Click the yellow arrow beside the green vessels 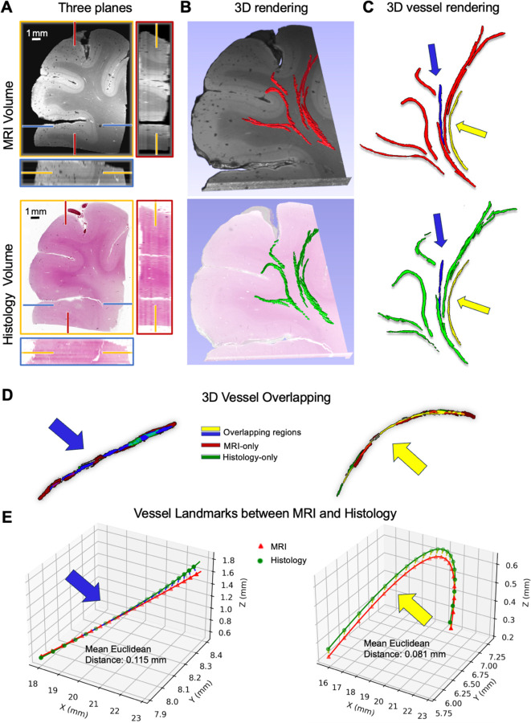473,303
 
